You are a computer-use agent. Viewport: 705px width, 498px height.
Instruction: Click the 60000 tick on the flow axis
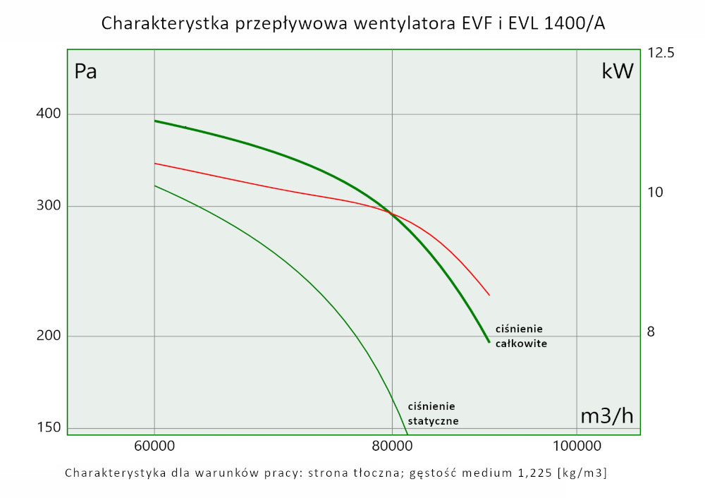pyautogui.click(x=154, y=446)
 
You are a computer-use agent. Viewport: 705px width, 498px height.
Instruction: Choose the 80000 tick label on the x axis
pyautogui.click(x=392, y=446)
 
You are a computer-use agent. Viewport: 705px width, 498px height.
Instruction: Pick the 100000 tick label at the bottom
pyautogui.click(x=577, y=446)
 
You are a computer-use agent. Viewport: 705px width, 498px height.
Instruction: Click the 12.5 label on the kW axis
pyautogui.click(x=661, y=53)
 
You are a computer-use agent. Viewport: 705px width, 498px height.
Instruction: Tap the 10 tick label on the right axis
pyautogui.click(x=655, y=192)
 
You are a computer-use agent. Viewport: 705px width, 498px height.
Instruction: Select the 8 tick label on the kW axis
pyautogui.click(x=651, y=331)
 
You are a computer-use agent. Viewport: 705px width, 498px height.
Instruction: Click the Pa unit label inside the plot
pyautogui.click(x=85, y=72)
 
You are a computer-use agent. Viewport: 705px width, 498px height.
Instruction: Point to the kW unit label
pyautogui.click(x=618, y=71)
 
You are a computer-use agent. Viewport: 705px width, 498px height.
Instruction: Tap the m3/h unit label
pyautogui.click(x=606, y=416)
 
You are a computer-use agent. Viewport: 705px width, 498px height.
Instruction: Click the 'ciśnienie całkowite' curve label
pyautogui.click(x=521, y=336)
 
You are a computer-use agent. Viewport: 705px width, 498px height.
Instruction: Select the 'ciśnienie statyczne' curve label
pyautogui.click(x=433, y=413)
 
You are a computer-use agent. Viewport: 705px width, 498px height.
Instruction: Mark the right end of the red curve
pyautogui.click(x=489, y=295)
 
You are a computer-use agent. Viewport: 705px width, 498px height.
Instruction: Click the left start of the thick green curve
pyautogui.click(x=155, y=121)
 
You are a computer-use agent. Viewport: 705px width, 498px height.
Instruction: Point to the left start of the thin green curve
pyautogui.click(x=155, y=186)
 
